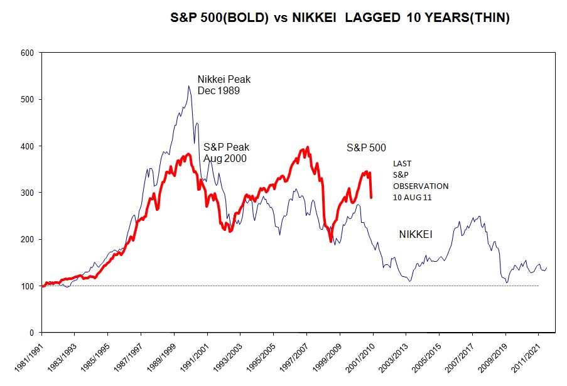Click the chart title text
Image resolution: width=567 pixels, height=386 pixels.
click(340, 18)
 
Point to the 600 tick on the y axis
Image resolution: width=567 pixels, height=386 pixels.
click(27, 53)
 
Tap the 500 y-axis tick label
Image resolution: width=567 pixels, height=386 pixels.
click(27, 99)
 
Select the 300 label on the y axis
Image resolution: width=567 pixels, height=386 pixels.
click(27, 193)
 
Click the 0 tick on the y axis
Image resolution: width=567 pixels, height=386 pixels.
click(31, 333)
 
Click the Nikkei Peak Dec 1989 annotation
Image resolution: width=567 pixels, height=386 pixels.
click(220, 85)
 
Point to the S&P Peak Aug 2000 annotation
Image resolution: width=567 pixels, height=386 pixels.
click(225, 153)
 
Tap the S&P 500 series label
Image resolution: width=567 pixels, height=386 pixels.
click(366, 148)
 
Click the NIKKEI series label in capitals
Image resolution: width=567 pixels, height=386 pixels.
click(418, 234)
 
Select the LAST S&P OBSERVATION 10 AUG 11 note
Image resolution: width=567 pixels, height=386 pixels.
click(421, 180)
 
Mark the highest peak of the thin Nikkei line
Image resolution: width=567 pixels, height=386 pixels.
click(188, 86)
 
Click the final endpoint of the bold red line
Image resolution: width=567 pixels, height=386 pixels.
click(371, 198)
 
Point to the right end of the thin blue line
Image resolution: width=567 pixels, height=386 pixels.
click(547, 267)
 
